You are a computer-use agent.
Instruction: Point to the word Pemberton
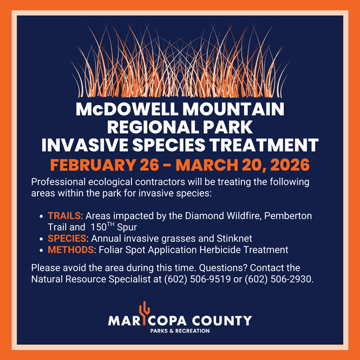coord(289,215)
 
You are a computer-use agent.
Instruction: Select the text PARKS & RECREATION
coord(180,331)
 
